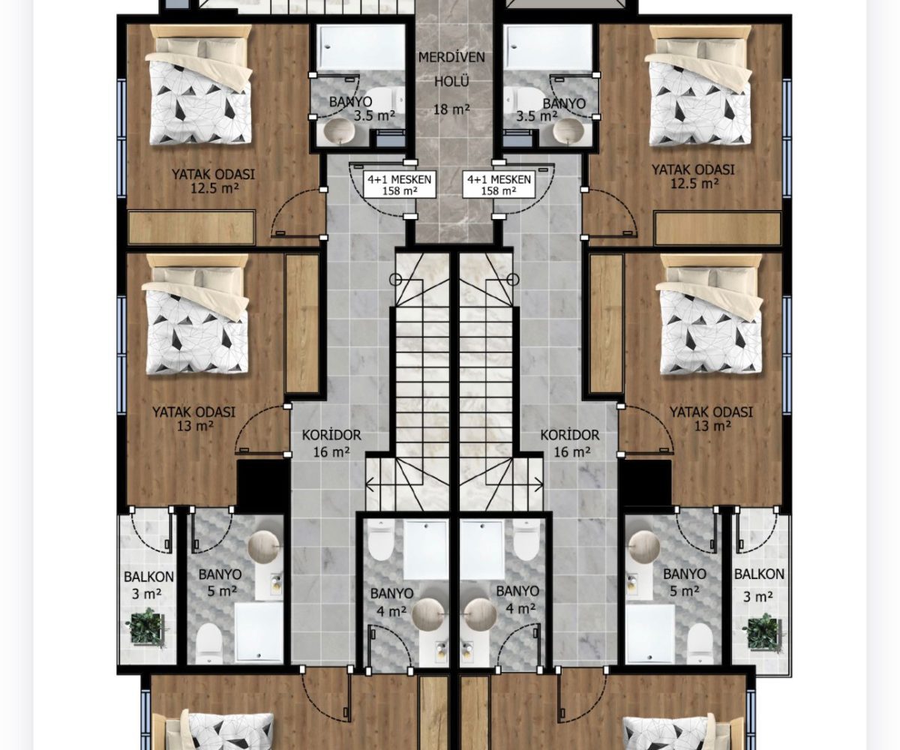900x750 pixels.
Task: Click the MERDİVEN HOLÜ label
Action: pos(451,69)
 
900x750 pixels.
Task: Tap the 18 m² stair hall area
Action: pos(451,109)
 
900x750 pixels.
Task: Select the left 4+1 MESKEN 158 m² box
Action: pos(399,184)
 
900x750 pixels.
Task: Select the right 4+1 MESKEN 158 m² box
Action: pos(499,184)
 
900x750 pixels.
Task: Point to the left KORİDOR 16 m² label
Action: pos(331,443)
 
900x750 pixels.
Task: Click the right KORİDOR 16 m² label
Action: pos(570,443)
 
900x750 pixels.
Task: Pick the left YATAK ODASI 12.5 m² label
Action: pos(213,181)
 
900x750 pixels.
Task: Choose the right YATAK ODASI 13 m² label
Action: pos(711,419)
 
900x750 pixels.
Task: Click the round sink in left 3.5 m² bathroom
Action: pos(339,131)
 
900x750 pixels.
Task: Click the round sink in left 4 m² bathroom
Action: pos(428,613)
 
